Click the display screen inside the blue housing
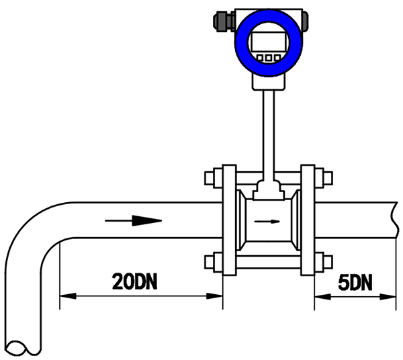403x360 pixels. [269, 42]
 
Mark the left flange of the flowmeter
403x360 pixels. [228, 220]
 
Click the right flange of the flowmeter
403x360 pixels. [308, 220]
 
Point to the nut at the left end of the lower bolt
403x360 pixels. [210, 261]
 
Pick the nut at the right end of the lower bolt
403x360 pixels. [326, 261]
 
